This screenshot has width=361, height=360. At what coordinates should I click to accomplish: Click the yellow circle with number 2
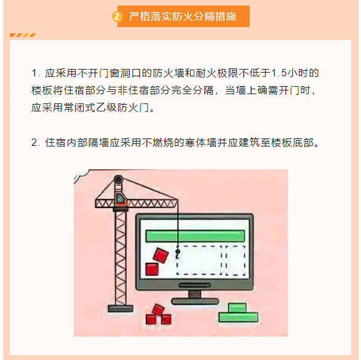(x=117, y=17)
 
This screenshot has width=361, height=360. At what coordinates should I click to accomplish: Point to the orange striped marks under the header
(x=23, y=35)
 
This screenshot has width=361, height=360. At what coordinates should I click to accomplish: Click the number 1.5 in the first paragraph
(x=279, y=73)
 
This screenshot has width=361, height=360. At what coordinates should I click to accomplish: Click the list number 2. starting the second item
(x=36, y=143)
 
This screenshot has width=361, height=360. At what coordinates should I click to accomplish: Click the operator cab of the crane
(x=121, y=199)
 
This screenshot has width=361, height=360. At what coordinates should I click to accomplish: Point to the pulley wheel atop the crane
(x=119, y=179)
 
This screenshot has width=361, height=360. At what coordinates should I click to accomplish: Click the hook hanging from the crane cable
(x=178, y=253)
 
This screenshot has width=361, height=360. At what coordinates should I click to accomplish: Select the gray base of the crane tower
(x=121, y=308)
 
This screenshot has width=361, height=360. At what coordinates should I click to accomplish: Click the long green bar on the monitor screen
(x=195, y=236)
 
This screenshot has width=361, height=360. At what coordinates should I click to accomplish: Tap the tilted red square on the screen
(x=161, y=255)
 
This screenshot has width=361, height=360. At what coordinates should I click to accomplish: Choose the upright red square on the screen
(x=152, y=270)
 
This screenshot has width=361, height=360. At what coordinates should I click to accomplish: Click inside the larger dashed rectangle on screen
(x=199, y=260)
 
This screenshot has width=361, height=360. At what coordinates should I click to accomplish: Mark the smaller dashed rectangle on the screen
(x=236, y=260)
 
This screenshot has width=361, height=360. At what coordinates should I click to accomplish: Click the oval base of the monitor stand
(x=195, y=301)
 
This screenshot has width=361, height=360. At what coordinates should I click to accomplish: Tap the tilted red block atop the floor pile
(x=158, y=310)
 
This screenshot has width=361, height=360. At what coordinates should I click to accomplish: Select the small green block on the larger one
(x=237, y=308)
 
